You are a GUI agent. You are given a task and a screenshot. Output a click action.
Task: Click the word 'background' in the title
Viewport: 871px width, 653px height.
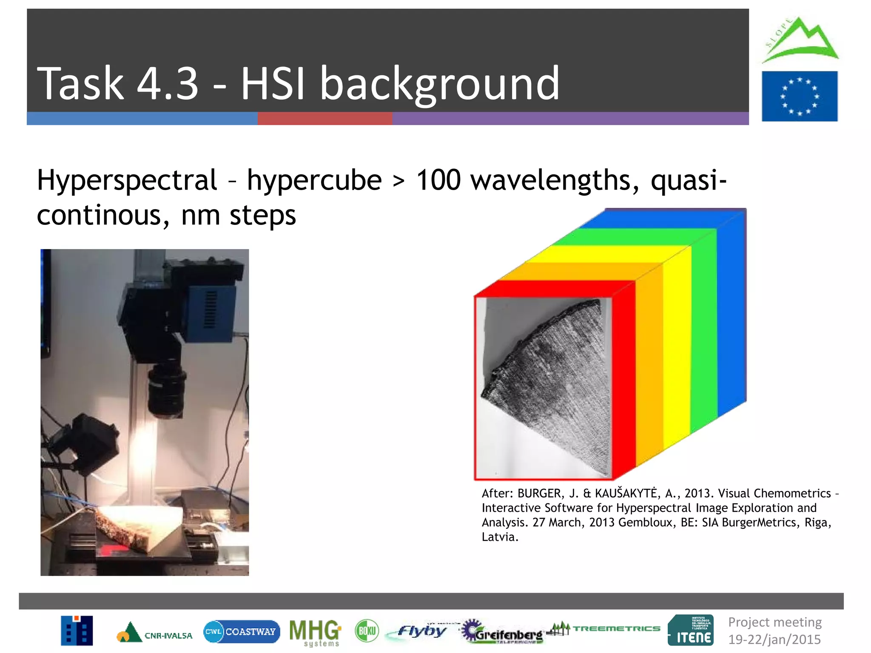coord(439,84)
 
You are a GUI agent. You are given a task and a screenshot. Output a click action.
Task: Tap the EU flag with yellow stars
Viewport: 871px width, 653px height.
coord(799,97)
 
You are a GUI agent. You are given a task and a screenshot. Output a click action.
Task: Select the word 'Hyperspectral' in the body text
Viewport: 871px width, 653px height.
coord(127,181)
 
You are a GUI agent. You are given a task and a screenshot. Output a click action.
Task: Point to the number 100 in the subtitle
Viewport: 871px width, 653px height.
coord(438,180)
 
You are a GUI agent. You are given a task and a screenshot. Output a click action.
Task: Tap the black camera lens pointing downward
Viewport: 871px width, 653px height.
coord(167,391)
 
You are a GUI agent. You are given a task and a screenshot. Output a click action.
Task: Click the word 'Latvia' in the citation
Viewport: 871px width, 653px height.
coord(499,537)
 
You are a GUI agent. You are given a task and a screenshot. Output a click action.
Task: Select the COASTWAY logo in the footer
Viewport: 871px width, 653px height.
coord(242,632)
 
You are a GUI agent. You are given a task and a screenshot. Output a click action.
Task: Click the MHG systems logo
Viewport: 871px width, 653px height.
coord(315,632)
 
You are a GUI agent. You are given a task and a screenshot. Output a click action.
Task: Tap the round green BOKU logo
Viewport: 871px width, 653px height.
coord(367,631)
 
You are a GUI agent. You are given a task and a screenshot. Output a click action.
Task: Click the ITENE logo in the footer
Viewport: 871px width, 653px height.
coord(691,630)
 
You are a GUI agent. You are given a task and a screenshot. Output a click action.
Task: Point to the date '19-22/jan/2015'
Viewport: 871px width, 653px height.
coord(774,639)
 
